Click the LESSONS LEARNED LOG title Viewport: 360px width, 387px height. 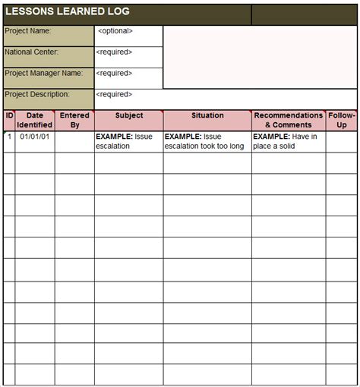point(68,11)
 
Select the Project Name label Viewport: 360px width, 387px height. point(28,31)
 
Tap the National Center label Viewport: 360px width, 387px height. point(31,52)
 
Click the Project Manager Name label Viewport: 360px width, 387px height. point(43,74)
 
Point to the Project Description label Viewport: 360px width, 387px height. point(37,95)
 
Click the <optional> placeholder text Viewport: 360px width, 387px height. point(115,31)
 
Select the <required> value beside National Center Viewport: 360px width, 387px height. point(114,52)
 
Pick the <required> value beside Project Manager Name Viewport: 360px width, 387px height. point(114,74)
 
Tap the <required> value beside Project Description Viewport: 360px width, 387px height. point(114,95)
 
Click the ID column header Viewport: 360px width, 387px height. point(9,116)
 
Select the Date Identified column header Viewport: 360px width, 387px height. point(35,120)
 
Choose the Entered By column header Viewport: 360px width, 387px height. point(74,120)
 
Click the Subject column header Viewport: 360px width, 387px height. point(128,116)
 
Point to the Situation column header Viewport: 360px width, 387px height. point(207,116)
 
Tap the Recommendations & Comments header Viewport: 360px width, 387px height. point(289,120)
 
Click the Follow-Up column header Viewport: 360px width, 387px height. point(342,120)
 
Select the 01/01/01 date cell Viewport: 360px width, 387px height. point(34,137)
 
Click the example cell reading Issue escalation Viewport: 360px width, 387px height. point(125,141)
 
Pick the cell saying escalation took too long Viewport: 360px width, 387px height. point(205,141)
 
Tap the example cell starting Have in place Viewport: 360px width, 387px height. point(286,141)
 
